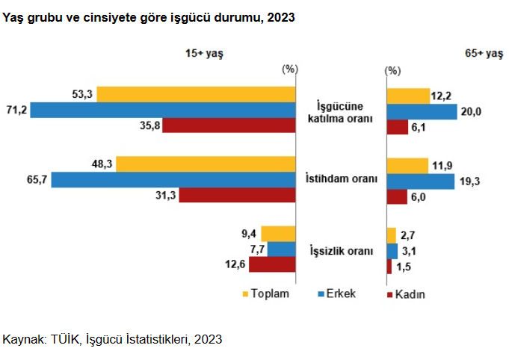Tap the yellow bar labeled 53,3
[197, 94]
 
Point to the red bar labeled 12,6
[273, 264]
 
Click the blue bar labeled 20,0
[422, 111]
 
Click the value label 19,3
[468, 181]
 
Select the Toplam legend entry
[265, 294]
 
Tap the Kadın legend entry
[405, 294]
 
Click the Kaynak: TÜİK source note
[113, 339]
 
